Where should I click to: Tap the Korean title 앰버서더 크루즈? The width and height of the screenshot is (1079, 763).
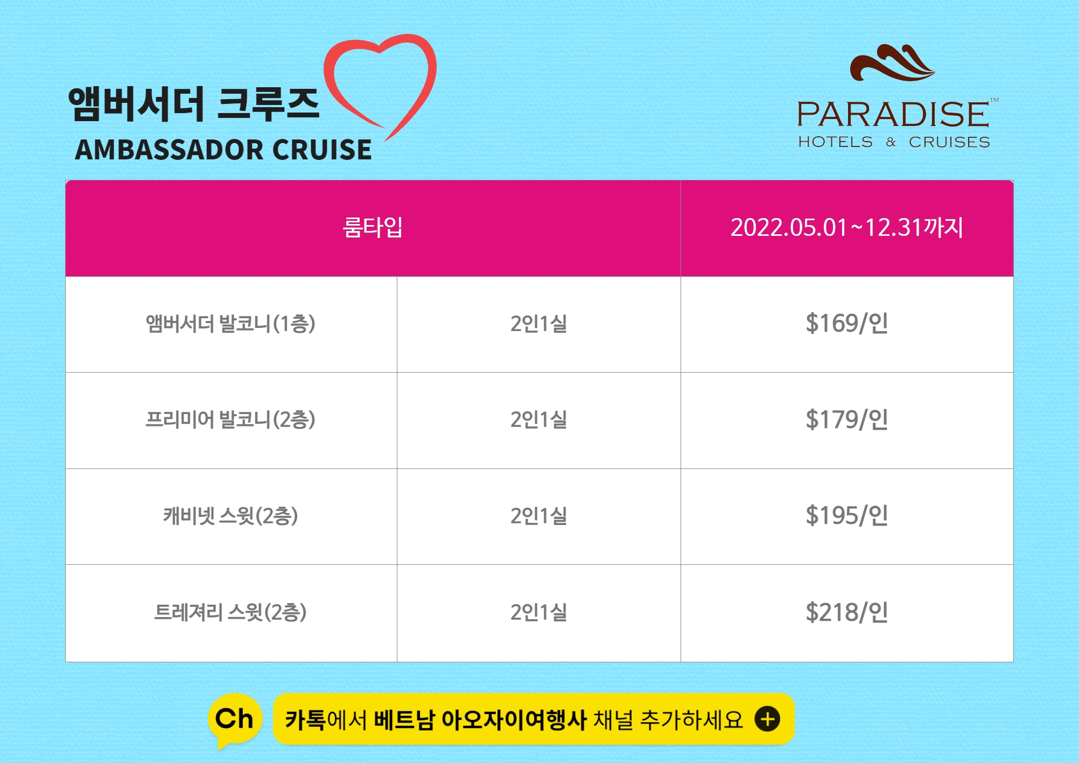click(x=194, y=103)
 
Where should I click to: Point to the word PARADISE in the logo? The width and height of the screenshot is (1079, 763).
click(x=893, y=114)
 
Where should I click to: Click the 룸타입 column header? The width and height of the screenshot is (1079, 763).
click(x=373, y=227)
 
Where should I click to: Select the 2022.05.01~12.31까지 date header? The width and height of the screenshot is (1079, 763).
click(x=847, y=227)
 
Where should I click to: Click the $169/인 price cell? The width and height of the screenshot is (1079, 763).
click(x=847, y=324)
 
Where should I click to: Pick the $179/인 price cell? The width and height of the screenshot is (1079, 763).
click(x=847, y=420)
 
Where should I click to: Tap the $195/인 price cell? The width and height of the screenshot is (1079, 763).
click(x=847, y=516)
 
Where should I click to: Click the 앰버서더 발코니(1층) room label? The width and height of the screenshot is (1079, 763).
click(x=230, y=324)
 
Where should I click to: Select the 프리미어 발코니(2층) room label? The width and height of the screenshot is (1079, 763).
click(x=230, y=420)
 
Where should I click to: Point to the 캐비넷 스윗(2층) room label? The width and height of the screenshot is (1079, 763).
click(x=230, y=516)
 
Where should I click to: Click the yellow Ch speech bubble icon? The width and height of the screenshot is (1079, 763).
click(x=235, y=720)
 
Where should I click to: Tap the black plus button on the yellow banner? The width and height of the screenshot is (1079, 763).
click(x=767, y=719)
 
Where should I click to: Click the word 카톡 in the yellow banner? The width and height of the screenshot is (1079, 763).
click(x=305, y=720)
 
